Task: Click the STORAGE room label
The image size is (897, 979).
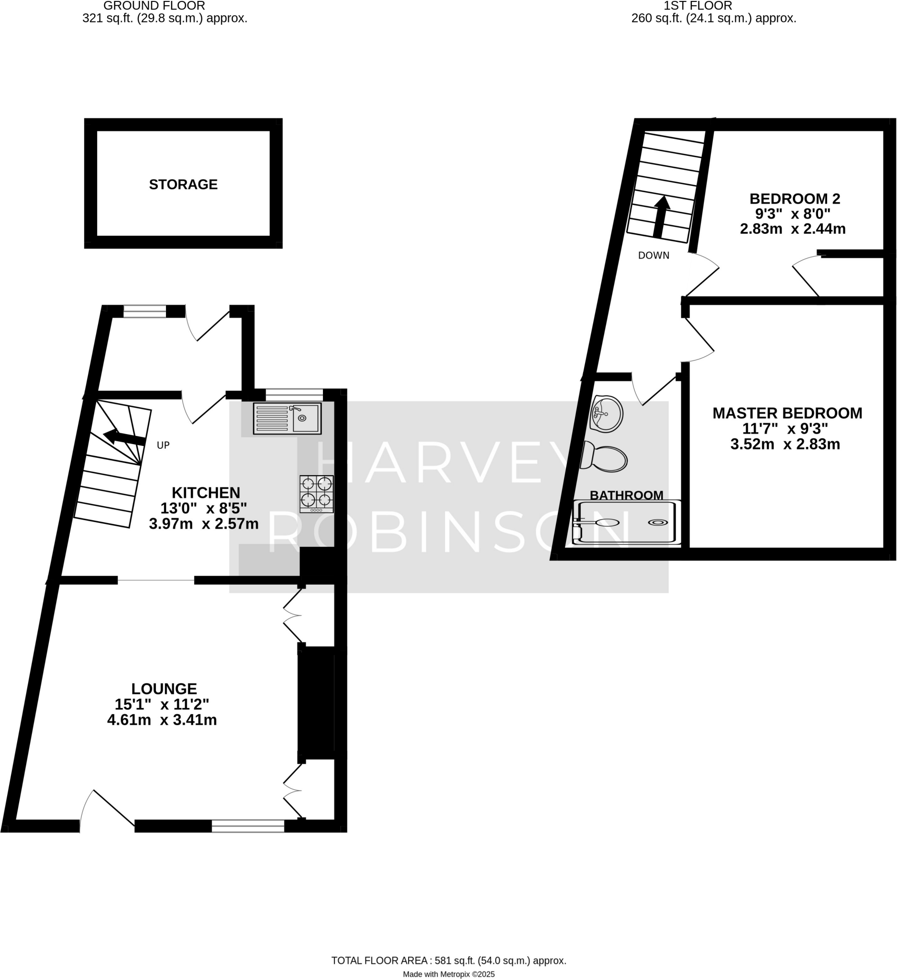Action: click(x=183, y=185)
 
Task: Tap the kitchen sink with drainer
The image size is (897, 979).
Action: click(x=287, y=418)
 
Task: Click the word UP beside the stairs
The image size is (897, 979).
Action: click(x=163, y=446)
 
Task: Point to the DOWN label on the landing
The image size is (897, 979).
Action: click(x=653, y=255)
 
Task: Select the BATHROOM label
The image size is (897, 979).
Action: click(x=626, y=495)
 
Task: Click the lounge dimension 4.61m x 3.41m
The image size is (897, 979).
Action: click(x=162, y=720)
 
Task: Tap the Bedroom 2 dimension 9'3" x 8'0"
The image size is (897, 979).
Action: click(x=792, y=214)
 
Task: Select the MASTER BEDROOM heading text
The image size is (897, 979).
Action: click(x=787, y=413)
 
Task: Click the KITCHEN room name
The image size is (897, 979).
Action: click(x=206, y=493)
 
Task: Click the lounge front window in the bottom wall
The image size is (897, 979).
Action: click(x=248, y=826)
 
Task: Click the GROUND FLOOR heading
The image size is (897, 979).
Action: click(x=155, y=6)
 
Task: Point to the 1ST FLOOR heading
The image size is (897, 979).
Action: click(x=698, y=6)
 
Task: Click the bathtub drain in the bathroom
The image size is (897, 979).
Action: click(x=657, y=522)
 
